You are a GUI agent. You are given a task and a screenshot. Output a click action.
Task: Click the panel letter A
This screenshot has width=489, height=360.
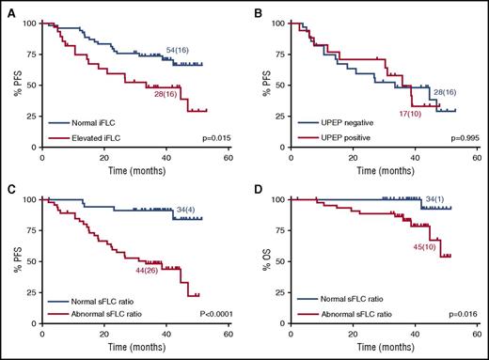[10, 10]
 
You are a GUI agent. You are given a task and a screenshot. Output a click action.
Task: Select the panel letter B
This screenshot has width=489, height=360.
[257, 10]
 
